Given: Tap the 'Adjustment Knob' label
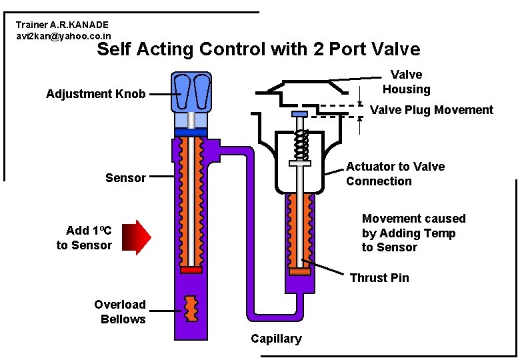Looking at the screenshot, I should pos(96,94).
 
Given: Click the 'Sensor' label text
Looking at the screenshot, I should pos(125,178).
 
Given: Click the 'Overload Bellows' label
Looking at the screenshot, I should pos(120,312).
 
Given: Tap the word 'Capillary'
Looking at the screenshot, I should pos(276,339).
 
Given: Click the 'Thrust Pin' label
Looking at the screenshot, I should pos(379,277).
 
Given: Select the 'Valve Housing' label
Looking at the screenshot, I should pos(406,82).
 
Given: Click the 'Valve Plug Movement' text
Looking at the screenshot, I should pos(431,110).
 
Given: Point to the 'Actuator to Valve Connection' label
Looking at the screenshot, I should pos(395,174).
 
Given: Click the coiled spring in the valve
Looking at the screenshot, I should pos(302,141).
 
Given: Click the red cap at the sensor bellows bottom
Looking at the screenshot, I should pos(191,270).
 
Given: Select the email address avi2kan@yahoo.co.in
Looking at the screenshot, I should pos(64,36).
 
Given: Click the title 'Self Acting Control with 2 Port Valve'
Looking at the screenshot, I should pos(259,49).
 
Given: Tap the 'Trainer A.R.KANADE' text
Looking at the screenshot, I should pos(62,25).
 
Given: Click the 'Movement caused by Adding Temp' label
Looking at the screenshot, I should pos(413,233).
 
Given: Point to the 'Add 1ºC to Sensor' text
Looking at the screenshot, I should pos(85,238).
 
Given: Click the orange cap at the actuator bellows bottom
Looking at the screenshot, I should pos(299,272).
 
